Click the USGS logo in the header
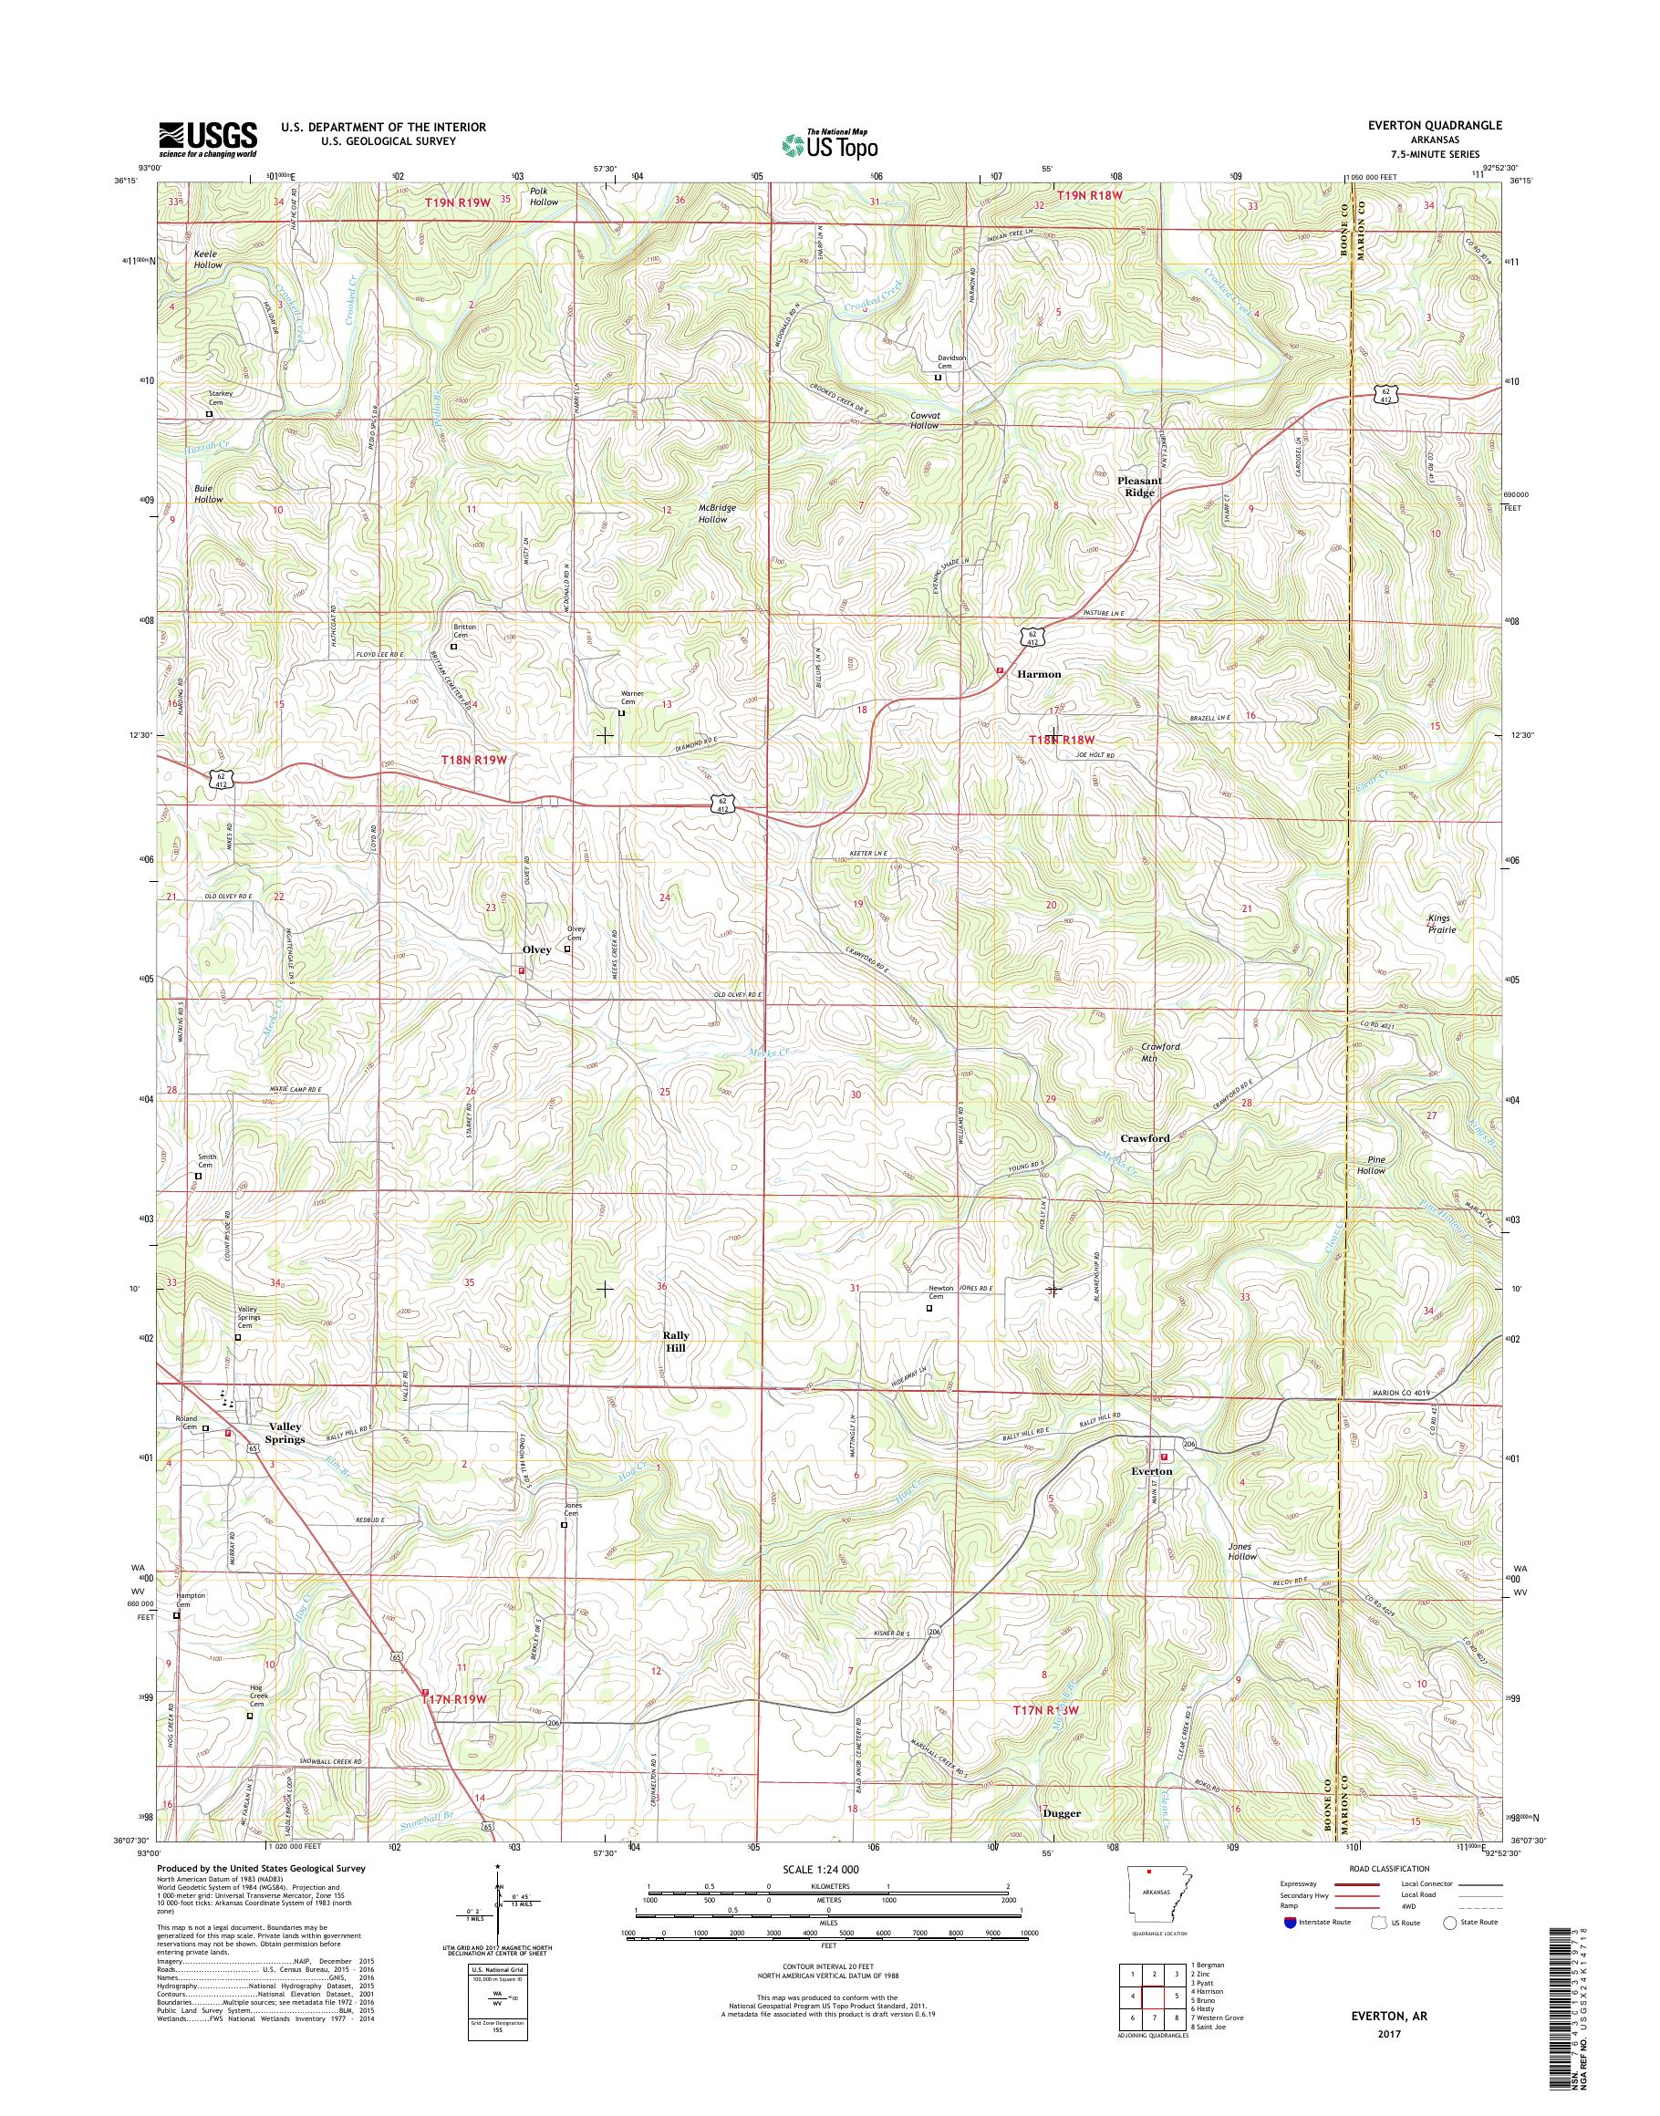(208, 138)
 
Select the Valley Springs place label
(285, 1433)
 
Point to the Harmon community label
(1038, 674)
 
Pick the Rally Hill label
(676, 1342)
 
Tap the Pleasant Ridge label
(1139, 486)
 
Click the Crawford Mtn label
(1160, 1052)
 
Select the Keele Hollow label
(207, 258)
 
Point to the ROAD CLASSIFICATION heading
(1388, 1868)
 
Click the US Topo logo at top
(829, 145)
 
